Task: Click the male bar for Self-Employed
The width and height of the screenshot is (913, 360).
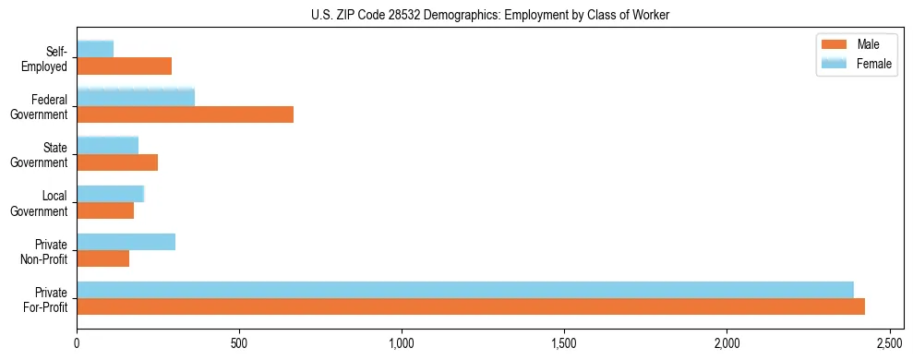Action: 125,66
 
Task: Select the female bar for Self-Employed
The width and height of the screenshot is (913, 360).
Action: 95,49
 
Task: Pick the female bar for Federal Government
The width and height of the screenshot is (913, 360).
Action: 136,97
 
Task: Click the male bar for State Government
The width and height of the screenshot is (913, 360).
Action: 117,162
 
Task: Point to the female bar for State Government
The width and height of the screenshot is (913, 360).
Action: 108,145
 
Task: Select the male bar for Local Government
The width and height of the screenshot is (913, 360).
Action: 105,210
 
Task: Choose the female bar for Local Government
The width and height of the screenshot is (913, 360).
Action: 111,194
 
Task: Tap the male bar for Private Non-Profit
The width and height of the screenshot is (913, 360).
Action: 103,259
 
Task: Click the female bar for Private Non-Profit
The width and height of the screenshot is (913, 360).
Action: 126,242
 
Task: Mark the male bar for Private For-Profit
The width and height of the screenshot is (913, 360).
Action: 471,307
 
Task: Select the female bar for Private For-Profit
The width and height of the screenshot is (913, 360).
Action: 465,290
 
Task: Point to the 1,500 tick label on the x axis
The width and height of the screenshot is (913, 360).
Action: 564,343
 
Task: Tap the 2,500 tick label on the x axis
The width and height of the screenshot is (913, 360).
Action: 889,343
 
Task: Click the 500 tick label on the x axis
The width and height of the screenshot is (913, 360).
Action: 239,343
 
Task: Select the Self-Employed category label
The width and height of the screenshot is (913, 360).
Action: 50,59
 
